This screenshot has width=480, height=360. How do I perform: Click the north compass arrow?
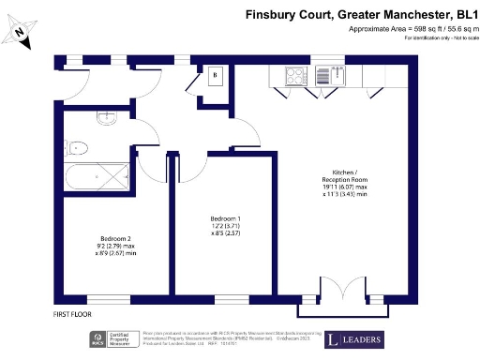pyautogui.click(x=20, y=34)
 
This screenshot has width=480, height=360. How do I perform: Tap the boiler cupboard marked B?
pyautogui.click(x=216, y=75)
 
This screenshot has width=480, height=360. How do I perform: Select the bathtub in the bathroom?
pyautogui.click(x=98, y=175)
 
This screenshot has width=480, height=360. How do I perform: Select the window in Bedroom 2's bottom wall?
pyautogui.click(x=115, y=300)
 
